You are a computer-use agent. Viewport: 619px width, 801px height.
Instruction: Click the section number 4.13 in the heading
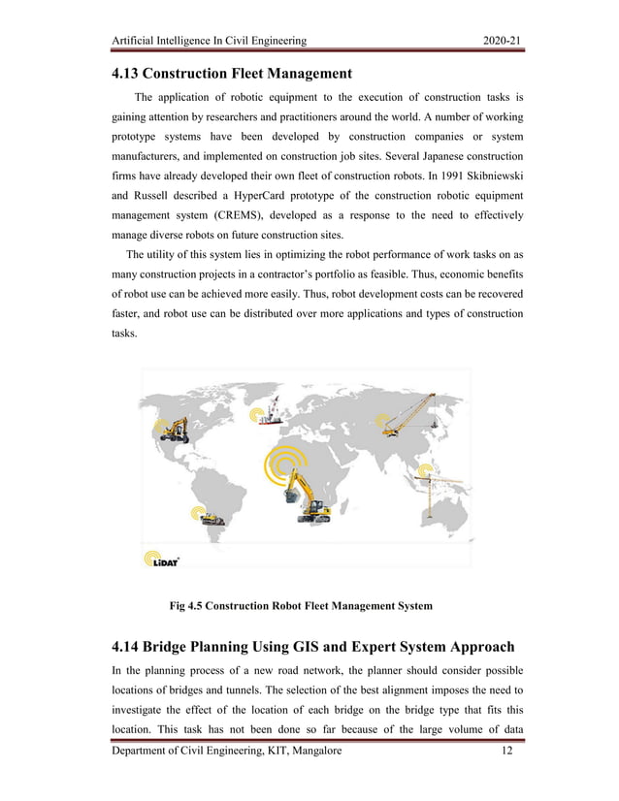(x=128, y=73)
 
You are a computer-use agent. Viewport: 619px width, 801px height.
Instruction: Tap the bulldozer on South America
(x=212, y=519)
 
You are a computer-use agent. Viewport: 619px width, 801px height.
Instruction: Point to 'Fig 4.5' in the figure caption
(x=189, y=606)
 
